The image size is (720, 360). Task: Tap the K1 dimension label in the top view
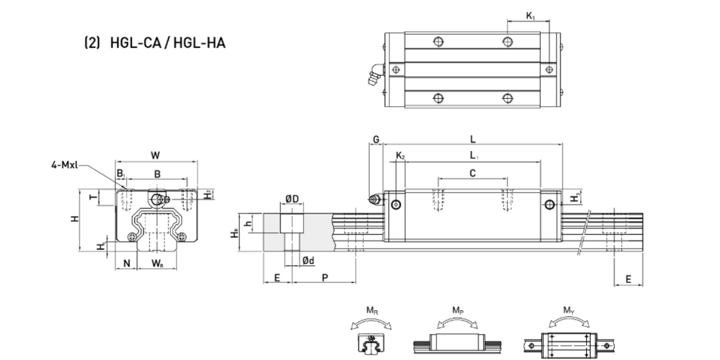click(531, 16)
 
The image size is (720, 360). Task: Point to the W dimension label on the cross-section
click(155, 155)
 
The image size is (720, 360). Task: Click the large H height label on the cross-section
click(73, 220)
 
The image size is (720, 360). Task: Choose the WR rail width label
click(156, 263)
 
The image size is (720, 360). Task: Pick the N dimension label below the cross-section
click(127, 263)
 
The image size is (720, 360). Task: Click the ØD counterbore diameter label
click(292, 200)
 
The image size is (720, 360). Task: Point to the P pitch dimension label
click(325, 277)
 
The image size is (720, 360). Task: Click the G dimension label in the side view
click(376, 139)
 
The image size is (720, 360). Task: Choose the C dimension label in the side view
click(473, 173)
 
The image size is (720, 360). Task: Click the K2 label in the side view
click(400, 157)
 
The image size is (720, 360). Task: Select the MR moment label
click(373, 311)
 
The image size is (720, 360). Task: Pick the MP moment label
click(457, 311)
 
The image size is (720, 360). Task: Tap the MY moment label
click(568, 311)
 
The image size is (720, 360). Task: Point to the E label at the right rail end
click(628, 279)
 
